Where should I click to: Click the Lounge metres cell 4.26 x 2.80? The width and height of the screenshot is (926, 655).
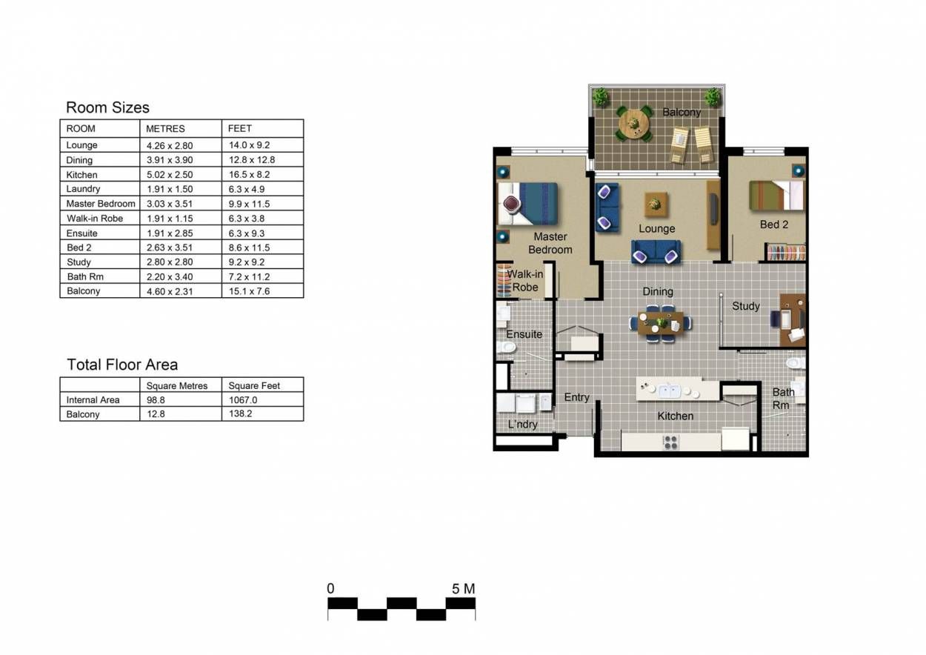pos(170,145)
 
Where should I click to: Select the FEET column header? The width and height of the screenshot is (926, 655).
pos(240,129)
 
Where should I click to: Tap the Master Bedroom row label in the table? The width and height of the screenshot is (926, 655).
pos(101,204)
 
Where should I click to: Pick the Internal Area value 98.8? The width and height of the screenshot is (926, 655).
pos(156,400)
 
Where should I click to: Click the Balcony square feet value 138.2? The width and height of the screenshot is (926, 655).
pos(240,413)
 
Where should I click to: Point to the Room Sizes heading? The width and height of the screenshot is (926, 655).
pos(107,107)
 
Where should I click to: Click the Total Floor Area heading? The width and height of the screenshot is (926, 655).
pos(122,365)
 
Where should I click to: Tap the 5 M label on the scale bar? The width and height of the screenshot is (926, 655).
pos(464,589)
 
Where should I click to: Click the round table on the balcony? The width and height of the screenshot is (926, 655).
pos(633,124)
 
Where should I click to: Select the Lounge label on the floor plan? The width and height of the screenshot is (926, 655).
pos(656,229)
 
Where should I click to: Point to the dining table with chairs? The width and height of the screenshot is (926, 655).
pos(661,323)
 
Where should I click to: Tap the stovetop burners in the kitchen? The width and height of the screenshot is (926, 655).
pos(670,442)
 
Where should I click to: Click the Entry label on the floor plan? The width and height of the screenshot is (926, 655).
pos(576,397)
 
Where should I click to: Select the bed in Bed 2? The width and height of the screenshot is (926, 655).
pos(777,195)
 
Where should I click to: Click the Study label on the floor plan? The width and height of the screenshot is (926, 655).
pos(746,306)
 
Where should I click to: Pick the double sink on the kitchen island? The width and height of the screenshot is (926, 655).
pos(670,390)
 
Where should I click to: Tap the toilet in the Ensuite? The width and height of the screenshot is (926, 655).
pos(505,347)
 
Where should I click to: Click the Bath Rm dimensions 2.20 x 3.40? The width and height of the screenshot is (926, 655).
pos(170,277)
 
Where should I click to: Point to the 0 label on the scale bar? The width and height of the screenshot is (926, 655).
pos(330,588)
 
